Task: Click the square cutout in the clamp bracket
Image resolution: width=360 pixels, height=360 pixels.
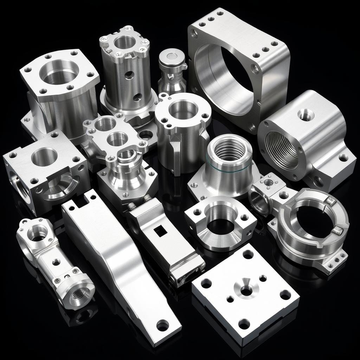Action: coord(161,231)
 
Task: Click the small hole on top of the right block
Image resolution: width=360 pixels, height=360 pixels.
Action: coord(305,114)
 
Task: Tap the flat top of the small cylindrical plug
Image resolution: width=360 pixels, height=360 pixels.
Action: coord(172,55)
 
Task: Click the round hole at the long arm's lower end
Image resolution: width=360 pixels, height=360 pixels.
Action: coord(162,325)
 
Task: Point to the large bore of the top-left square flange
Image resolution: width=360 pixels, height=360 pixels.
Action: coord(58,72)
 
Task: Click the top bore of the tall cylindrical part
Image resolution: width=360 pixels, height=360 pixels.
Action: coord(124,42)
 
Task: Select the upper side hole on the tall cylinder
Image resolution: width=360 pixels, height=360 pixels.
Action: coord(129,75)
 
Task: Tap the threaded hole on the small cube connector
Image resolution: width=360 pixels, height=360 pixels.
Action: coord(269,182)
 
